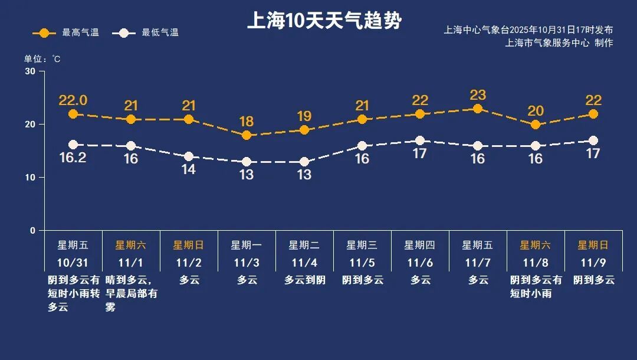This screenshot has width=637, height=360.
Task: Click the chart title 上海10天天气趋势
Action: [x=324, y=21]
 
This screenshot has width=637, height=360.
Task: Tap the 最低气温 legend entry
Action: [x=149, y=33]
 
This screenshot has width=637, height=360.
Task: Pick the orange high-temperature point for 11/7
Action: [x=478, y=109]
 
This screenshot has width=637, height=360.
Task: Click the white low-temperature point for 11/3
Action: [x=247, y=162]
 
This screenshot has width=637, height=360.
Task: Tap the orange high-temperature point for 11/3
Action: [x=247, y=135]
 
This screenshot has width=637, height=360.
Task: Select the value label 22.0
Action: [x=73, y=100]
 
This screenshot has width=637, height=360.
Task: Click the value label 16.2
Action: [x=73, y=158]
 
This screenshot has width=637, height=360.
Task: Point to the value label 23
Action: [x=478, y=95]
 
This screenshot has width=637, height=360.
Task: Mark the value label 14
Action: [x=189, y=169]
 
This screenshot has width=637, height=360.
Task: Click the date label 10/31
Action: [x=73, y=262]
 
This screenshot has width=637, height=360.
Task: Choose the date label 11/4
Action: [x=304, y=262]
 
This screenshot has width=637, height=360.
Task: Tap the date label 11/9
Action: [x=593, y=262]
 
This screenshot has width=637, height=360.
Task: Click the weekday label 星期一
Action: [x=247, y=245]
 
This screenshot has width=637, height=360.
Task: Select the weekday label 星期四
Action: [x=420, y=245]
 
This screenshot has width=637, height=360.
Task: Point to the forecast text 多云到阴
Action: [x=304, y=280]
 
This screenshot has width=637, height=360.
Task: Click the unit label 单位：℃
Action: [x=42, y=59]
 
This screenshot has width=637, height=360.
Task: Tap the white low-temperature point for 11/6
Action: [x=420, y=140]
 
